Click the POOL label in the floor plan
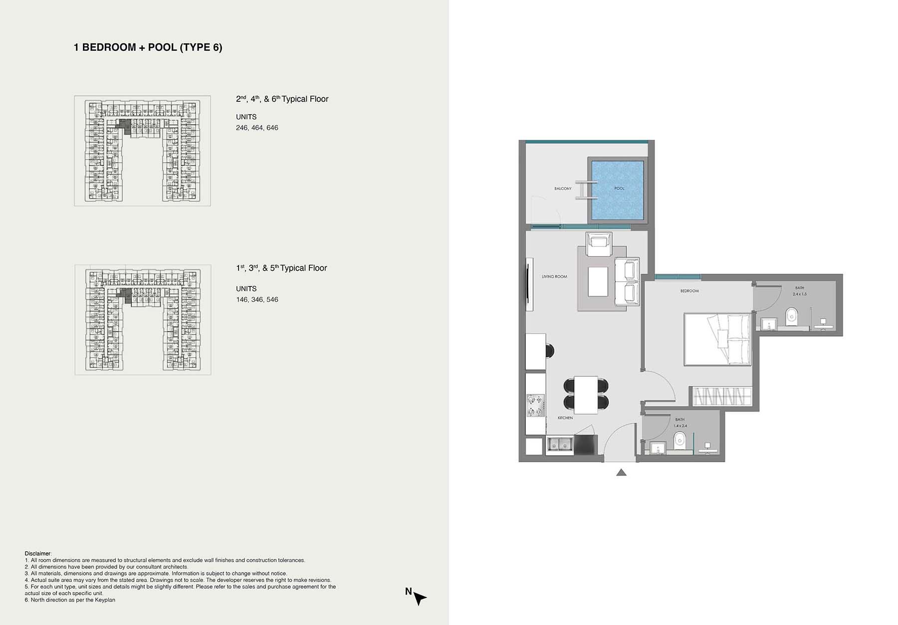point(619,188)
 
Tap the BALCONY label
point(563,189)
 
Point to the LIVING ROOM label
point(554,277)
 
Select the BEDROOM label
point(689,291)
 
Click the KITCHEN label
point(565,418)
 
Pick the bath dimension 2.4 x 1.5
point(800,294)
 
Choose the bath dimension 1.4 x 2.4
point(680,426)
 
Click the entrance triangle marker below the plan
point(621,472)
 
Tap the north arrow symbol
point(420,599)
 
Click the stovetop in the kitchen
point(535,405)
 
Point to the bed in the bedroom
point(717,339)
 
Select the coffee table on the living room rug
point(598,282)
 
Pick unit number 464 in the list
point(257,128)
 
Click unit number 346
point(257,300)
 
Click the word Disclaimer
point(37,554)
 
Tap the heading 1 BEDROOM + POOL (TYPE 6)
point(148,47)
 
